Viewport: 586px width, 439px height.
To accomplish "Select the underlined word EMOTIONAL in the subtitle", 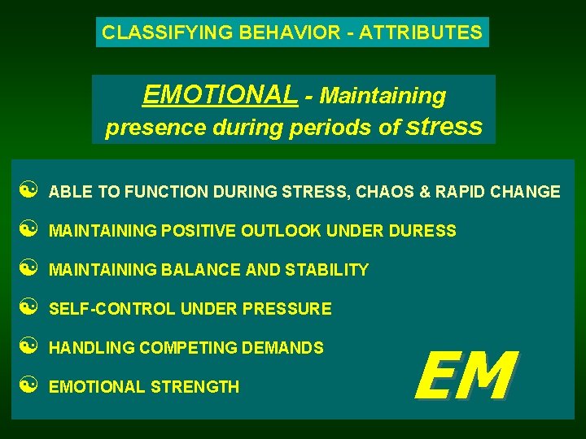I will [220, 96].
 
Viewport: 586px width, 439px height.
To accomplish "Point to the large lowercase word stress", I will [444, 126].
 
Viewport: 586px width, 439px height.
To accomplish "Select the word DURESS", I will [422, 231].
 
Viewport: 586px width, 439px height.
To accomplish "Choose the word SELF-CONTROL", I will [112, 309].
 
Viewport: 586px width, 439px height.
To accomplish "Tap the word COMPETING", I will [186, 348].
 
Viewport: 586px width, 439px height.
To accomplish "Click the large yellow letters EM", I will [464, 375].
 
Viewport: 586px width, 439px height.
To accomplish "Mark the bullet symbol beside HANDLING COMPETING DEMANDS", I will [26, 347].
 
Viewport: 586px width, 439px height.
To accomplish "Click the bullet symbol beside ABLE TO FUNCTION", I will [26, 192].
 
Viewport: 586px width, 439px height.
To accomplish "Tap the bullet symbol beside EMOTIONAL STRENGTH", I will [26, 386].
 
